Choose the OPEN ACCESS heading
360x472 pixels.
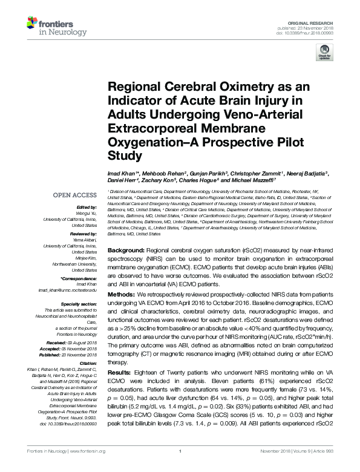(75, 195)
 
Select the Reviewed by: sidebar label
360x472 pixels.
(83, 233)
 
